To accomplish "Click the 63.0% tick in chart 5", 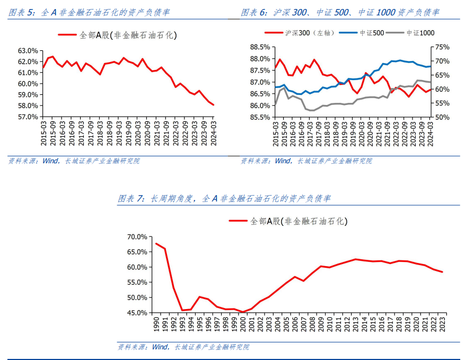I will pos(28,51).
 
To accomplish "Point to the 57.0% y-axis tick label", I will pos(28,117).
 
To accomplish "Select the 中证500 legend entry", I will pos(371,33).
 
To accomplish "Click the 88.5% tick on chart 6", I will pos(260,47).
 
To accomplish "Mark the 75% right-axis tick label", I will pos(442,47).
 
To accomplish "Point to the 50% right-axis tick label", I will pos(442,117).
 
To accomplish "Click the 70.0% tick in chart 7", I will pos(137,237).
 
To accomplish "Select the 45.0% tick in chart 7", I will pos(137,313).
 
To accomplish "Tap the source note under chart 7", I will pos(183,347).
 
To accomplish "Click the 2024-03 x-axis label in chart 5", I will pos(214,130).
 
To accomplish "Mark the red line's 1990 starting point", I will pos(156,244).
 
